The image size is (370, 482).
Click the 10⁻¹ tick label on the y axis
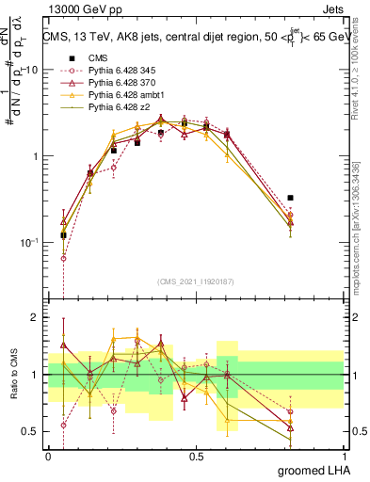coord(30,242)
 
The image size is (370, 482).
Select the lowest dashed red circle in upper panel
coord(63,257)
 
